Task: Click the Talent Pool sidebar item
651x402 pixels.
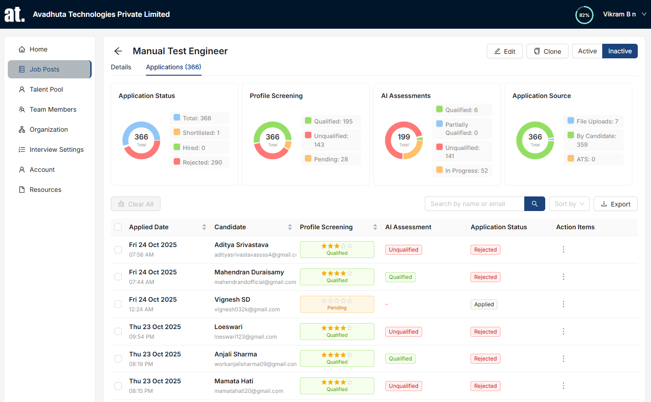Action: [x=46, y=89]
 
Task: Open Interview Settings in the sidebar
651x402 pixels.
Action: [x=56, y=149]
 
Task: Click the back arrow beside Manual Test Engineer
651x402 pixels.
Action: [x=118, y=51]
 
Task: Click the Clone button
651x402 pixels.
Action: [x=547, y=51]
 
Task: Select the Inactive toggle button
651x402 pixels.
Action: [x=620, y=51]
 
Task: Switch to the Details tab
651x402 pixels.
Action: [x=121, y=67]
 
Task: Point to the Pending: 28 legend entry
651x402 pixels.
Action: [x=331, y=159]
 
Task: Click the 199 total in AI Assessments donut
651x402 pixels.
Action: [x=404, y=137]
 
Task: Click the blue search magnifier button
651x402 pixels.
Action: [x=534, y=204]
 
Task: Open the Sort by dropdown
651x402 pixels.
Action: [x=569, y=204]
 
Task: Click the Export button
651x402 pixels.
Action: [x=615, y=204]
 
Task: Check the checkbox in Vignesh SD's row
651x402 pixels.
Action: [x=118, y=304]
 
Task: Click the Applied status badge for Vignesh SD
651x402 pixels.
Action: [x=484, y=304]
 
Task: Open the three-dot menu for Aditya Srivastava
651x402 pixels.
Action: [x=563, y=249]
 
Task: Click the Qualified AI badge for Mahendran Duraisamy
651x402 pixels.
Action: [x=400, y=277]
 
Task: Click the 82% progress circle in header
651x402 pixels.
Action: [x=584, y=15]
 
